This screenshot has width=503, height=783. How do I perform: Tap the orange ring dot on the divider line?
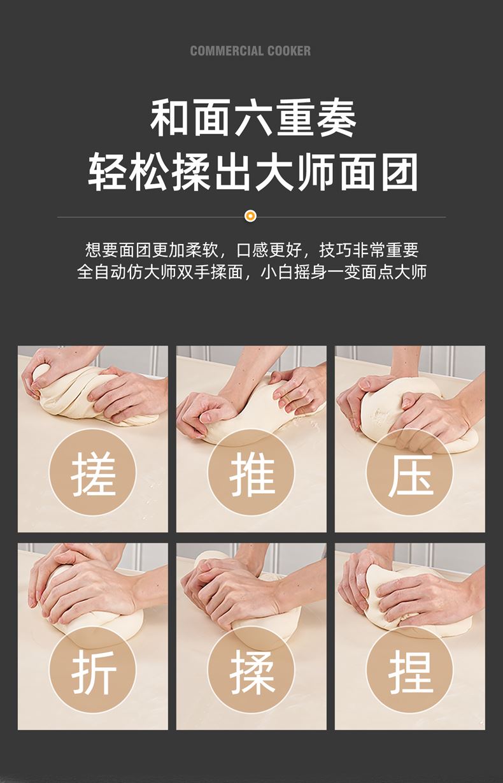point(250,216)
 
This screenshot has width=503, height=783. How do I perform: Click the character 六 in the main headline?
point(253,118)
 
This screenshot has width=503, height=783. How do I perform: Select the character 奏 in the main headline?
point(337,118)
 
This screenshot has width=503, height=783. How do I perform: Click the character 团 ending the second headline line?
point(400,172)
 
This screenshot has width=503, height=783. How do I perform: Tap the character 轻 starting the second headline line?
point(106,172)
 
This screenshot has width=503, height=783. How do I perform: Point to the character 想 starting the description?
point(93,250)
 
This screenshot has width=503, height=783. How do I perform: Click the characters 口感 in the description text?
point(253,250)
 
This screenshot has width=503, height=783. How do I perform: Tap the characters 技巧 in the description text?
point(335,250)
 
